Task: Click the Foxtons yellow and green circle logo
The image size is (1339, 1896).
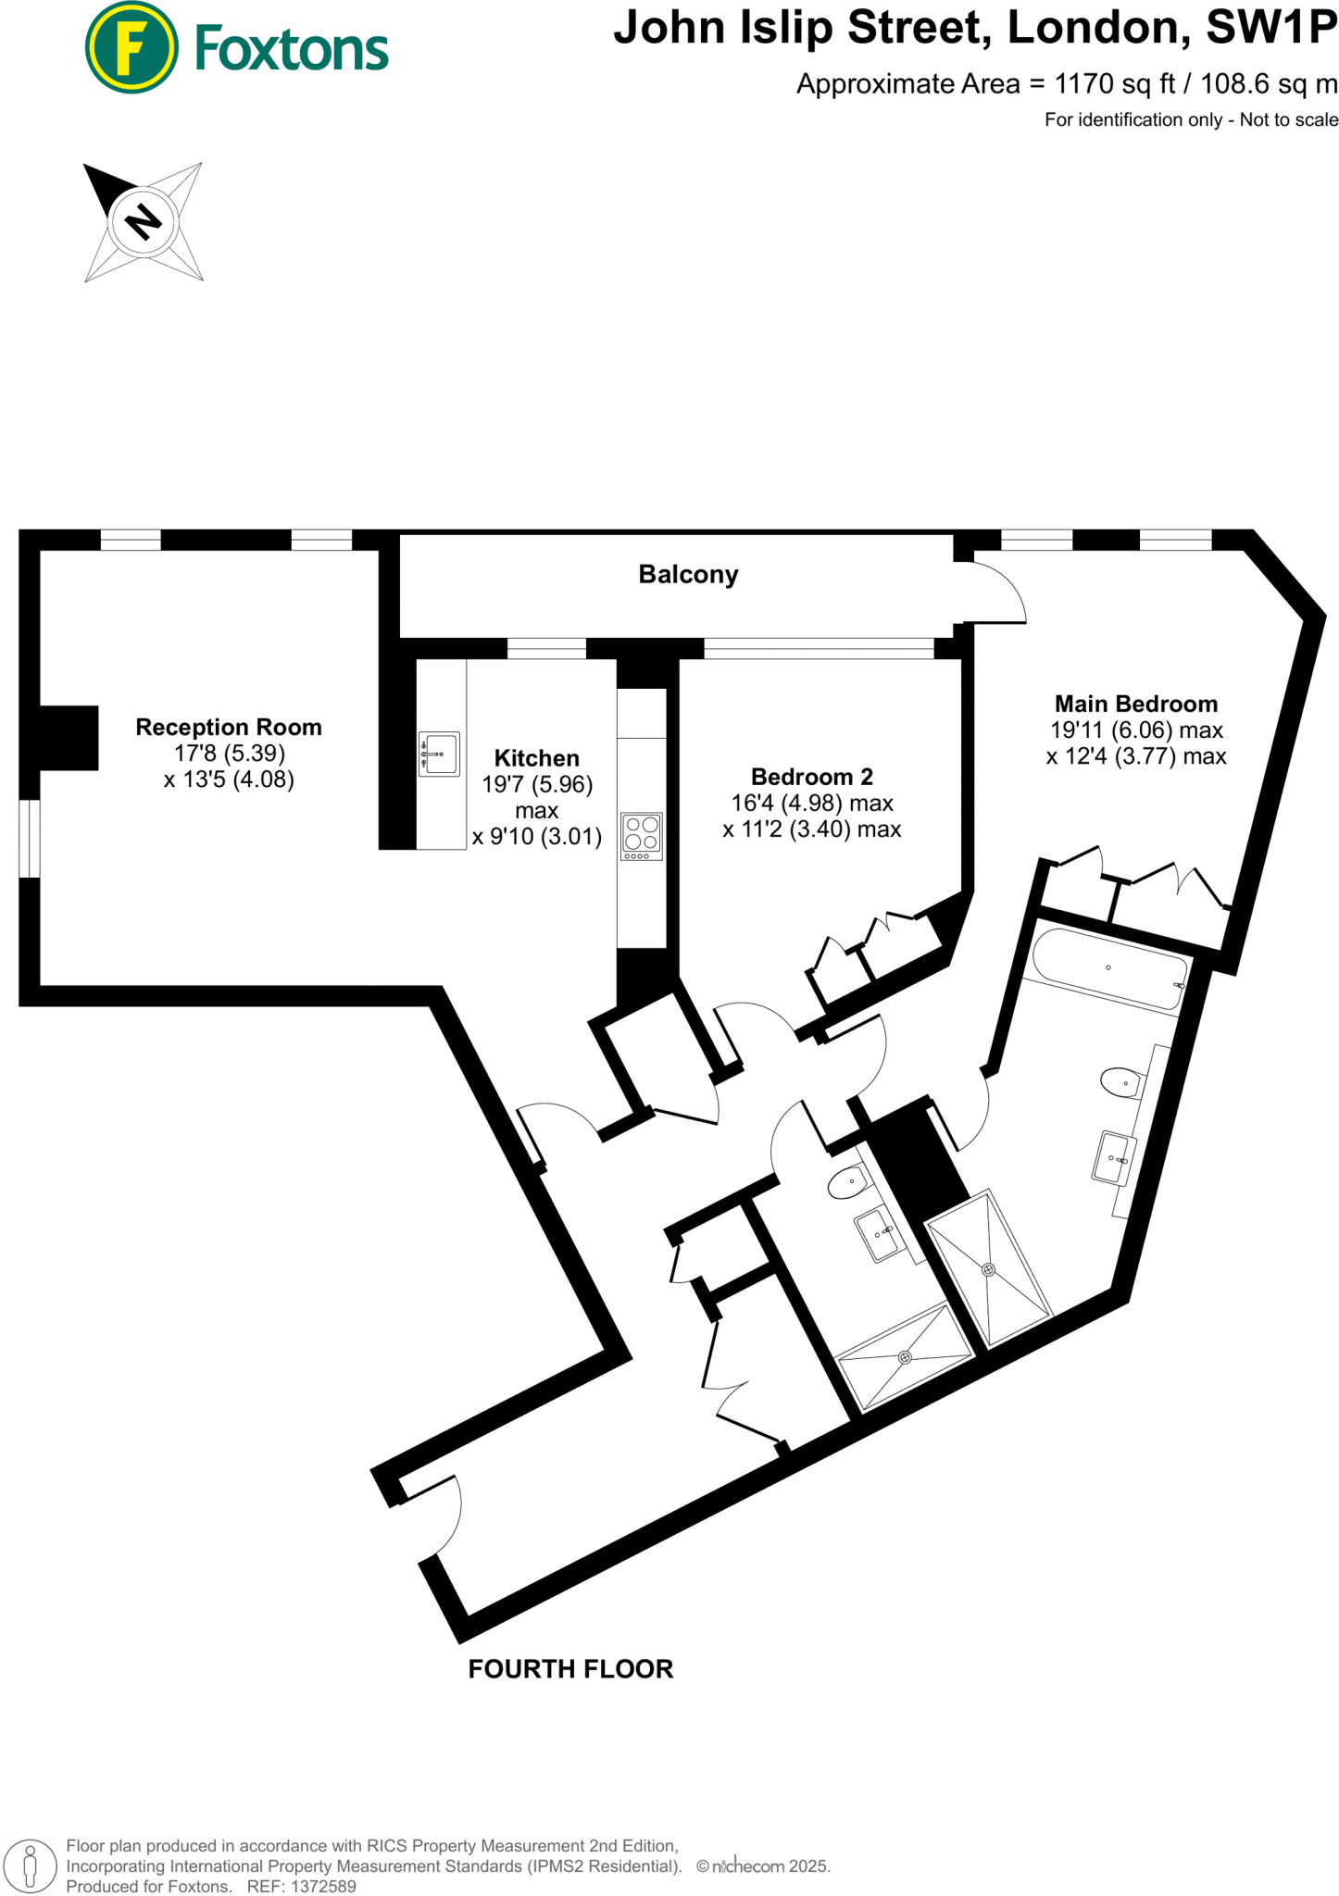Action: click(131, 47)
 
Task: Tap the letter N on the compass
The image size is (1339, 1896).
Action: click(144, 222)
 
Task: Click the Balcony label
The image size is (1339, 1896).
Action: click(688, 575)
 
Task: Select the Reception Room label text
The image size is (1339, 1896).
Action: click(229, 728)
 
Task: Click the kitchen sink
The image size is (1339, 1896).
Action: click(440, 754)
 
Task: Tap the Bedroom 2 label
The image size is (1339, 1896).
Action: click(811, 777)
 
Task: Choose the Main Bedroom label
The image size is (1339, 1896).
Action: click(1135, 705)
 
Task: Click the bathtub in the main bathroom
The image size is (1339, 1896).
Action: click(1108, 968)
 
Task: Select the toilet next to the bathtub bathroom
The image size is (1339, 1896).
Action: click(1121, 1081)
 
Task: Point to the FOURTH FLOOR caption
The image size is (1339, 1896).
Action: click(570, 1668)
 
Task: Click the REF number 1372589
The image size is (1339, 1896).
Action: click(323, 1886)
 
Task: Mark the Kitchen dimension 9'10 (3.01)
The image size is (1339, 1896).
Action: click(537, 837)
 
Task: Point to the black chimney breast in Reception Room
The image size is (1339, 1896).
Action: click(69, 738)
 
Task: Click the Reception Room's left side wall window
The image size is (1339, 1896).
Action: click(30, 839)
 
